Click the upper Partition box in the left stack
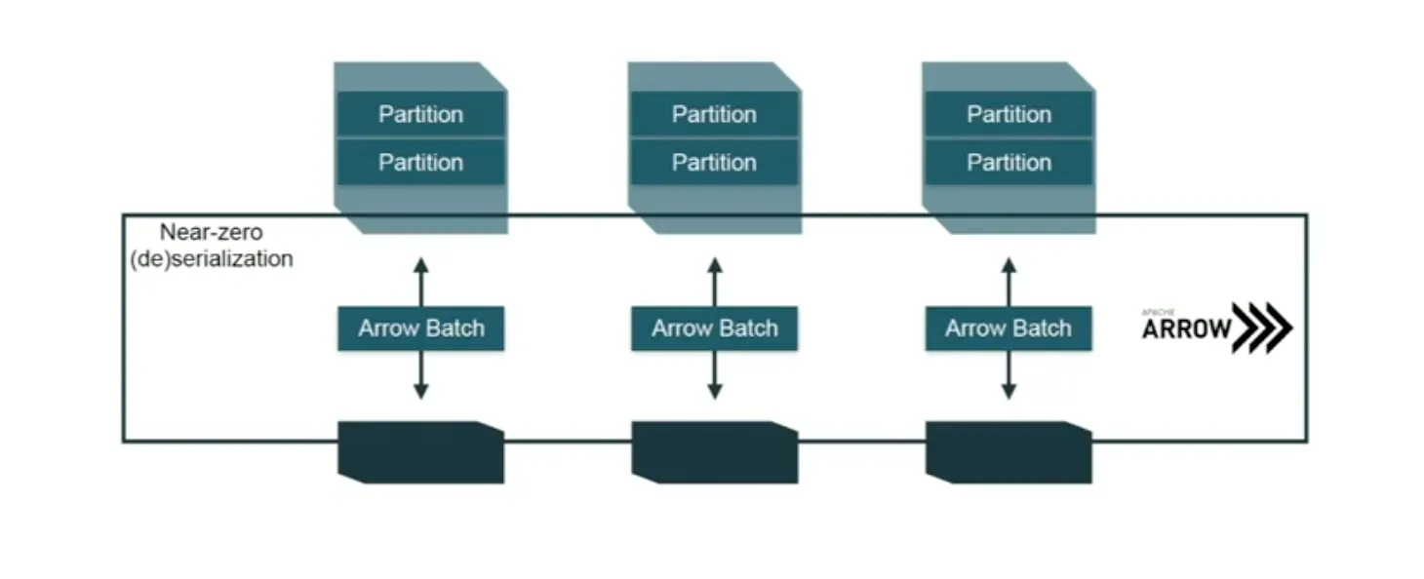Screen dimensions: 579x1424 click(420, 114)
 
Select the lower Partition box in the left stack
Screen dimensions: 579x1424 click(420, 162)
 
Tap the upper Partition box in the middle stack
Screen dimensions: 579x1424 click(714, 114)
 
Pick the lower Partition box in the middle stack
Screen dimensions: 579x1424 click(714, 162)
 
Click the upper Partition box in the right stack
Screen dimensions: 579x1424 click(1009, 114)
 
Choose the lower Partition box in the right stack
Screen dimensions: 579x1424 click(1009, 162)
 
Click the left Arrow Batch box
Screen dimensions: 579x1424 click(420, 328)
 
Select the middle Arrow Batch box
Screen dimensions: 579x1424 click(714, 328)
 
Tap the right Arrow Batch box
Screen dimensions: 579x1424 click(1009, 328)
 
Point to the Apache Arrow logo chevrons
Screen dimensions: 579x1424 click(1263, 328)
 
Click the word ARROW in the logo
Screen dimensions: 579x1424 click(1187, 329)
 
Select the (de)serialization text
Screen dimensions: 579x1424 click(212, 259)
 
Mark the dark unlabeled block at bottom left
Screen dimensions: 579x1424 click(420, 451)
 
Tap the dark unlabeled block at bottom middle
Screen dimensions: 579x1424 click(714, 451)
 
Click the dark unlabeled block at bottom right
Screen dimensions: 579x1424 click(1009, 451)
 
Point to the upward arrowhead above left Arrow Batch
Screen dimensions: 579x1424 click(420, 264)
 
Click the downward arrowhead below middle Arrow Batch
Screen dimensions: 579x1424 click(714, 392)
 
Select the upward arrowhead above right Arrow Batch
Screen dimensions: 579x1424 click(1009, 264)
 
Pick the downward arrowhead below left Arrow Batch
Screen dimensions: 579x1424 click(420, 392)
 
